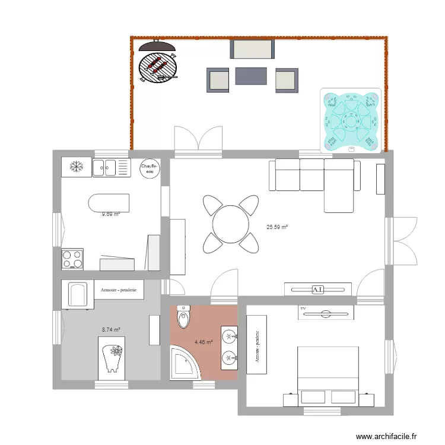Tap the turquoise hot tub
[x=350, y=120]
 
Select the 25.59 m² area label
[x=277, y=227]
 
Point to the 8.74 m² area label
[x=111, y=329]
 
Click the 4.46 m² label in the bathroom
[x=204, y=342]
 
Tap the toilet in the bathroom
[x=183, y=318]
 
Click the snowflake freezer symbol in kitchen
[x=76, y=167]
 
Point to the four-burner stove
[x=72, y=259]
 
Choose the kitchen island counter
[x=109, y=203]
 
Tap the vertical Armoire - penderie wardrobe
[x=258, y=345]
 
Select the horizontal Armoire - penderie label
[x=119, y=290]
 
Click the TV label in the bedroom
[x=302, y=309]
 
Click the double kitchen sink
[x=111, y=168]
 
